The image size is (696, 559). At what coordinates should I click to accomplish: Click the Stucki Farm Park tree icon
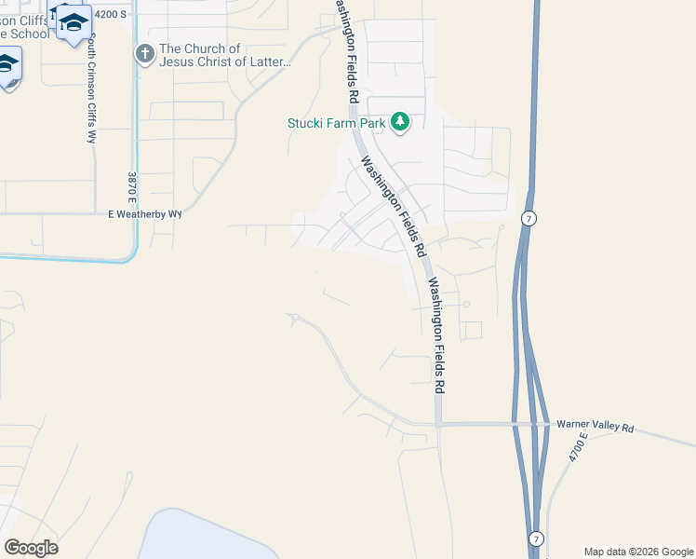coord(400,121)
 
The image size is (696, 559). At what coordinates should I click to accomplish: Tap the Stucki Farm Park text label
coord(338,122)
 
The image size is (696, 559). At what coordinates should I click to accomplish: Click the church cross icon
coord(144,54)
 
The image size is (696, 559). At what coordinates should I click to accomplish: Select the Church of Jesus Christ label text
coord(226,56)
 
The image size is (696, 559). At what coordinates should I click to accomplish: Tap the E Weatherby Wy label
coord(145,214)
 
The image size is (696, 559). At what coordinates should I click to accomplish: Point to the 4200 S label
coord(110,14)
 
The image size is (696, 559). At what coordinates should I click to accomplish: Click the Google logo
coord(31,547)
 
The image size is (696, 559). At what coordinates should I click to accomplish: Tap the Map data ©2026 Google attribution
coord(637,552)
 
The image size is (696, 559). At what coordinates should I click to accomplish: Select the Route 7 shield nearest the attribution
coord(536,539)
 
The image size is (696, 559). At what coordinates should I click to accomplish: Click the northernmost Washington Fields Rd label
coord(343,51)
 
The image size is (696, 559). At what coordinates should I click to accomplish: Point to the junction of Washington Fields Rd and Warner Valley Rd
coord(437,425)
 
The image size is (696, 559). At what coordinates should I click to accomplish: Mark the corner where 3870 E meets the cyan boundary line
coord(136,259)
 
